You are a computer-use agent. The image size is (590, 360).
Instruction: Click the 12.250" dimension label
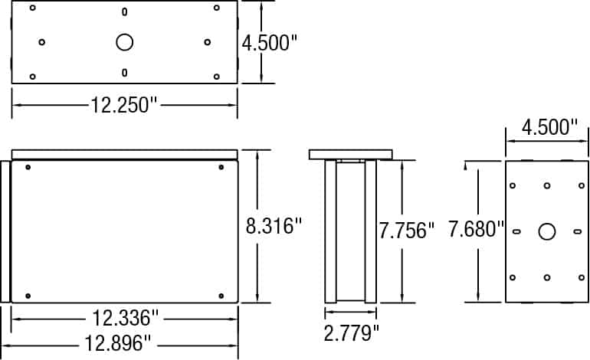click(124, 105)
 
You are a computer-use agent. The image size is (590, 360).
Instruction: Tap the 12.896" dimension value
click(117, 343)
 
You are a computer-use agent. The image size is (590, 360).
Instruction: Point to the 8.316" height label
click(274, 226)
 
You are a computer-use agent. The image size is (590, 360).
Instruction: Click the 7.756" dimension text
click(406, 231)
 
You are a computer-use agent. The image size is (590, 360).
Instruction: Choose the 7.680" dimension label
click(476, 229)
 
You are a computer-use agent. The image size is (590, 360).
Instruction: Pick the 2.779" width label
click(352, 333)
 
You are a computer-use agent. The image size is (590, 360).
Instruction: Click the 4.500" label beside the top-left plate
click(270, 43)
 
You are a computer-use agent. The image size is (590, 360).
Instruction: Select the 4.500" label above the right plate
click(549, 127)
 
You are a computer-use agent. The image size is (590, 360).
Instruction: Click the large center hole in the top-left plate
click(125, 42)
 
